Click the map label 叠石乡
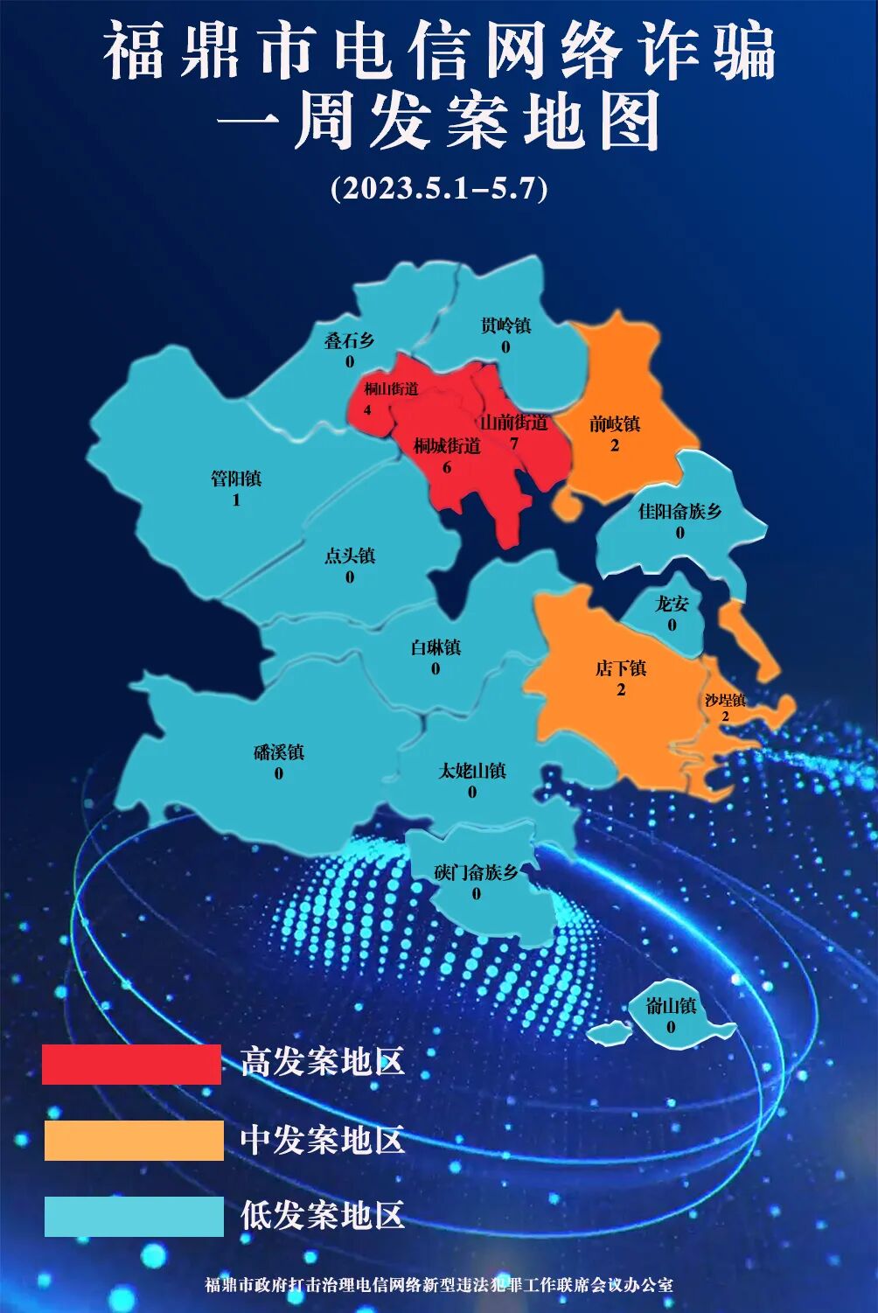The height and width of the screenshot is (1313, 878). (x=349, y=340)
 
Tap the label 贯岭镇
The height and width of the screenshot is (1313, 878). (x=505, y=325)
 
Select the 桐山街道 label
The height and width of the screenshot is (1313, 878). (x=391, y=388)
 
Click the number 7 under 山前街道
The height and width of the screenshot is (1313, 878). (x=513, y=443)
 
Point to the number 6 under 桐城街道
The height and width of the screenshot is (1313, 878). (x=447, y=467)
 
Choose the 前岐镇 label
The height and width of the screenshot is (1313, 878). (x=615, y=424)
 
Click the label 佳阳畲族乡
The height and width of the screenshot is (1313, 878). (x=679, y=511)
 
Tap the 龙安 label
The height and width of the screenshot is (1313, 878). (x=672, y=604)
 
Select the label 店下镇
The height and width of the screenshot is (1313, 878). (x=621, y=668)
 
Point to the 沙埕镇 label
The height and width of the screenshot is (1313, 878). (x=725, y=700)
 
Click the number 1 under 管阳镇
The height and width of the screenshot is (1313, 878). (x=236, y=500)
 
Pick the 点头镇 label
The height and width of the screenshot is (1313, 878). (x=350, y=555)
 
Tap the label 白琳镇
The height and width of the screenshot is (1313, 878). (x=436, y=647)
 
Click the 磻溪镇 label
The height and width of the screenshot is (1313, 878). (x=279, y=752)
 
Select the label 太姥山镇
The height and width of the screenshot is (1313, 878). (x=472, y=771)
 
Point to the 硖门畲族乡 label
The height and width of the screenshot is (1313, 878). (x=476, y=872)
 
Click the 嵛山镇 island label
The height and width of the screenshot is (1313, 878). (x=671, y=1006)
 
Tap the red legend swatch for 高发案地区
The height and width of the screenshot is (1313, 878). (x=131, y=1064)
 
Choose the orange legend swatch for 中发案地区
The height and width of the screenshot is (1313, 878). (x=134, y=1141)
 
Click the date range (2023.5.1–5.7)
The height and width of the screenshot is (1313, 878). (x=439, y=188)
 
